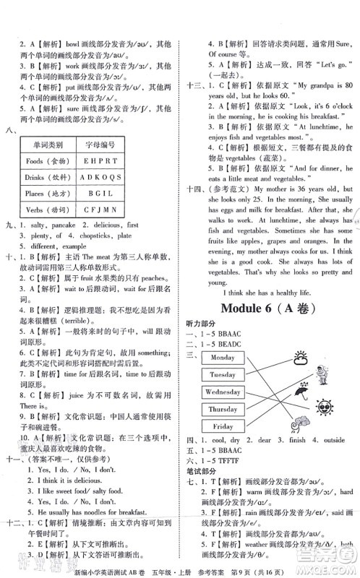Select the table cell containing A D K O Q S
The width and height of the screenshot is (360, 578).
click(x=100, y=176)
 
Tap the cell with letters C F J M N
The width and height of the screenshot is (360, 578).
click(x=100, y=209)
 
